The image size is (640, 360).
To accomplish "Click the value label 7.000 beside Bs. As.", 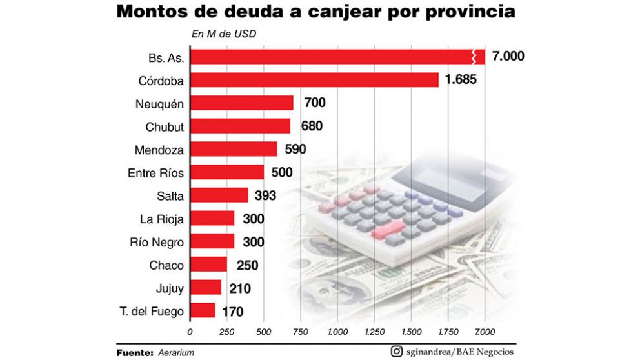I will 507,57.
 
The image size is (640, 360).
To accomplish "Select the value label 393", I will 265,195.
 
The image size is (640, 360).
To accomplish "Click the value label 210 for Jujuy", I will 239,288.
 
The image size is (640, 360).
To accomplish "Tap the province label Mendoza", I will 159,150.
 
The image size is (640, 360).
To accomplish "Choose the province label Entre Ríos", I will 155,173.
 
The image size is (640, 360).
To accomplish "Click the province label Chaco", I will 166,265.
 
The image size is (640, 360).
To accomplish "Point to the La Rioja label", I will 161,219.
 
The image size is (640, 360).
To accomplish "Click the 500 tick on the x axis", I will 263,332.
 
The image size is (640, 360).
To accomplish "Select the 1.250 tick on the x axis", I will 374,332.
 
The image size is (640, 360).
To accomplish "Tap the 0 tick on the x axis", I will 189,332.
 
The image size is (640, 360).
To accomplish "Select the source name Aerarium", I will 175,352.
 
